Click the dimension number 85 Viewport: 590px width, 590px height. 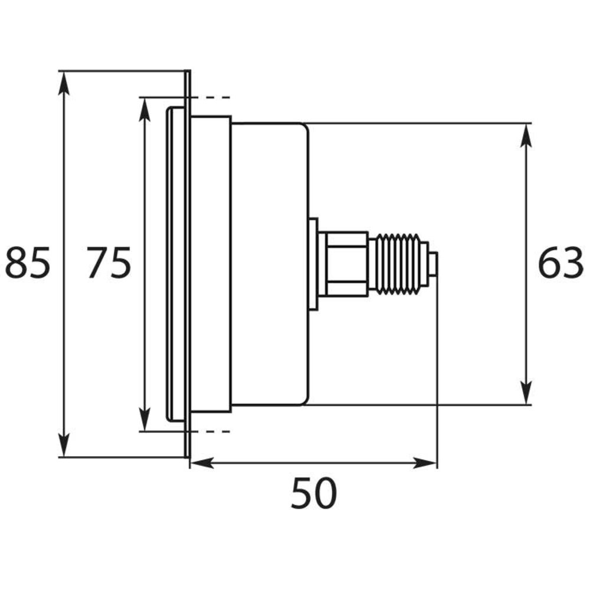tap(28, 263)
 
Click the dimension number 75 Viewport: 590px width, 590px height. tap(109, 263)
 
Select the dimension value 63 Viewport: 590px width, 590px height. tap(560, 263)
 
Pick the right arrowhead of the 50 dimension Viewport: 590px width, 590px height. tap(426, 463)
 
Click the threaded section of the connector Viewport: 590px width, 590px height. tap(398, 263)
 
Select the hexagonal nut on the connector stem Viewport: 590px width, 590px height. tap(343, 263)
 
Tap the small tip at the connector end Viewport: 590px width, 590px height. tap(433, 264)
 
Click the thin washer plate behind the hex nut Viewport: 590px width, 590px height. tap(313, 263)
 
